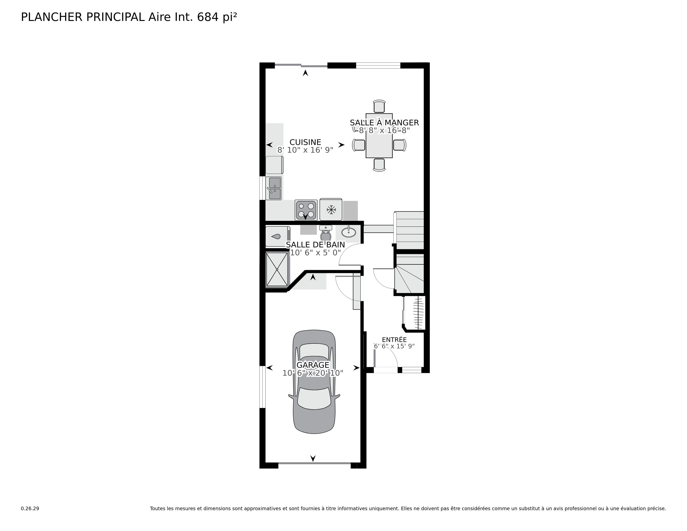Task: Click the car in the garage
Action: coord(314,382)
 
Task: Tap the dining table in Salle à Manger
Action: coord(379,136)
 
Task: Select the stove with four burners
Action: coord(306,210)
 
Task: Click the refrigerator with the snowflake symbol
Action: coord(331,209)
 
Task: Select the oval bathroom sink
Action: coord(348,232)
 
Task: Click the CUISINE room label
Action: coord(305,142)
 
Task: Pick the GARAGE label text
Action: coord(313,365)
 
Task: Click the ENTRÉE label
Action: coord(394,340)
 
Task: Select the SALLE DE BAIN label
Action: coord(315,244)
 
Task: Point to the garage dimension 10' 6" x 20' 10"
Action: coord(313,373)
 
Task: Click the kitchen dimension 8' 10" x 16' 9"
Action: coord(305,150)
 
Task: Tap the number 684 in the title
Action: coord(208,17)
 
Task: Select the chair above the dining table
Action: coord(379,106)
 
